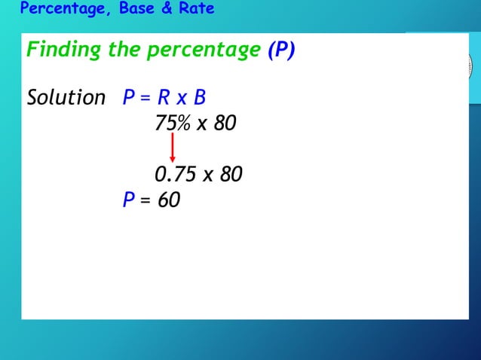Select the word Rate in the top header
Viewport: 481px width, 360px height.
[196, 9]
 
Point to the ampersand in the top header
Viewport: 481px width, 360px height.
[170, 9]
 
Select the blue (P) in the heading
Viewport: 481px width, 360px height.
[281, 50]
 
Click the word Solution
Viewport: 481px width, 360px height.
[66, 98]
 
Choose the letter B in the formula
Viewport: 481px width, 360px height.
[200, 98]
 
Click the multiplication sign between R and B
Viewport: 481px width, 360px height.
[182, 99]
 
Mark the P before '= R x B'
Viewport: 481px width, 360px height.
[129, 98]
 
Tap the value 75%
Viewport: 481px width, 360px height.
[173, 123]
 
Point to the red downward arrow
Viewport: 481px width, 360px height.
[173, 148]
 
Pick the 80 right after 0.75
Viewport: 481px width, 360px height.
[231, 175]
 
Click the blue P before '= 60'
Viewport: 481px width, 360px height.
[129, 200]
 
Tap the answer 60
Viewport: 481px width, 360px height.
[170, 200]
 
